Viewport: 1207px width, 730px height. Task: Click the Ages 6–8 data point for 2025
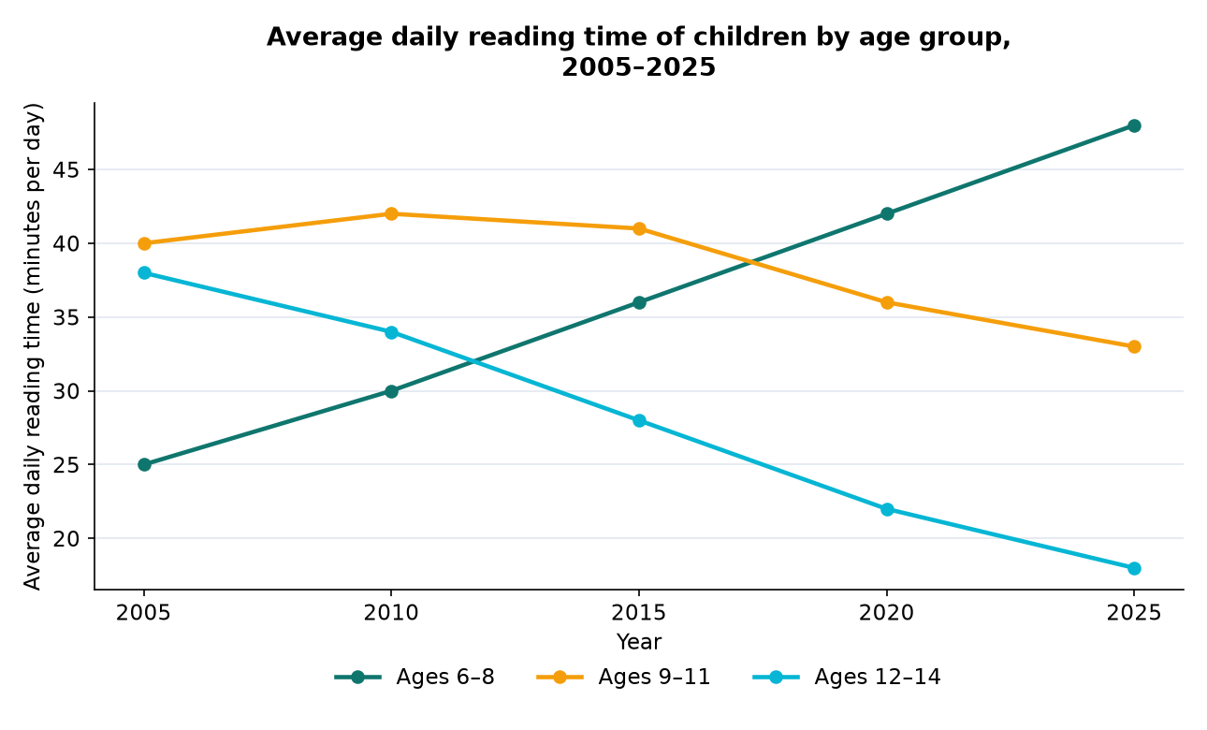point(1134,125)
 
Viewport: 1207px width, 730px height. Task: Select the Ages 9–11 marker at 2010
point(391,213)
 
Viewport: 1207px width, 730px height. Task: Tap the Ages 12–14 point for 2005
point(144,272)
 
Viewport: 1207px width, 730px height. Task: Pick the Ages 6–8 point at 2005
point(144,464)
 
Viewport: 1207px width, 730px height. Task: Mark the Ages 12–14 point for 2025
point(1134,568)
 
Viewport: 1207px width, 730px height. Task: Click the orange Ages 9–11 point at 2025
point(1134,346)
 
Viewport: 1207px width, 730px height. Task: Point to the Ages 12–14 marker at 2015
point(638,420)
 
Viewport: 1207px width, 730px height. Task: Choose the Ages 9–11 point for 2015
point(638,228)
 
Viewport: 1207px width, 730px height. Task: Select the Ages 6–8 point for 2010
point(391,391)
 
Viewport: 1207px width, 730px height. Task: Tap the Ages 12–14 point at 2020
point(886,509)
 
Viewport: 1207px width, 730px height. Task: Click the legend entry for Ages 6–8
point(414,677)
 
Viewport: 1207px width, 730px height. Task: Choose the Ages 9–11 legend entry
point(623,677)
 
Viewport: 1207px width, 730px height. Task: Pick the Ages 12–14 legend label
point(878,677)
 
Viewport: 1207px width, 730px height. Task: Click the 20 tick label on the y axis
point(65,538)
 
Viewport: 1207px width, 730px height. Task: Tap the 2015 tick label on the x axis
point(638,613)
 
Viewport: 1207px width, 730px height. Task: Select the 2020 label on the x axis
point(886,613)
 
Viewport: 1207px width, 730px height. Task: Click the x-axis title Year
point(638,642)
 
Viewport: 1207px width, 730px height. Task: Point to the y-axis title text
point(33,346)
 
